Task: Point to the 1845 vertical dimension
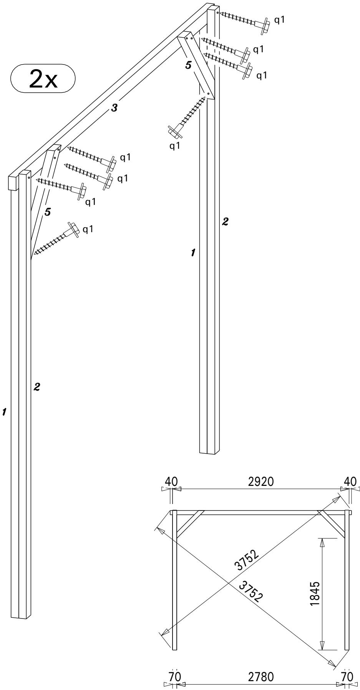click(x=315, y=603)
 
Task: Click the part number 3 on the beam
click(x=114, y=108)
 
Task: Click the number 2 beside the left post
click(x=37, y=387)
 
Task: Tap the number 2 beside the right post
click(x=226, y=221)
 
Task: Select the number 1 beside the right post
click(x=193, y=253)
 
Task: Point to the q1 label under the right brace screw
click(x=175, y=146)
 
